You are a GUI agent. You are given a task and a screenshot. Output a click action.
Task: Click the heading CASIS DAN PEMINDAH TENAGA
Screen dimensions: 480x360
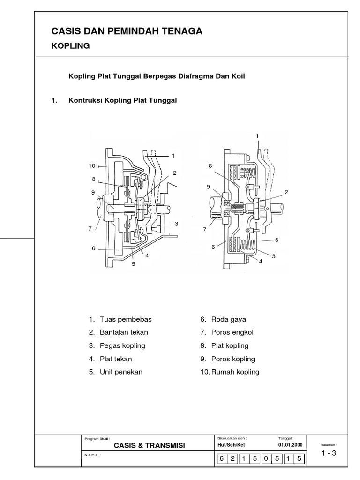point(127,31)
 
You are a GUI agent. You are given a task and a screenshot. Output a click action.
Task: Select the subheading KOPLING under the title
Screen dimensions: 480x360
point(70,46)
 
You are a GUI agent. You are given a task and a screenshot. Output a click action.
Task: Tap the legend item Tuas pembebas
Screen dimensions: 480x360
point(126,319)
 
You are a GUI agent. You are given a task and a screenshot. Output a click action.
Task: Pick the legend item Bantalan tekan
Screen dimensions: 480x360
point(124,332)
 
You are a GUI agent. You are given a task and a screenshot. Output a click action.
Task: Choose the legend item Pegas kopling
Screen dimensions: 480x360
point(122,345)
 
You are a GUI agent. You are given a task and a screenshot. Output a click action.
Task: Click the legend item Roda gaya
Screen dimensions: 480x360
point(229,319)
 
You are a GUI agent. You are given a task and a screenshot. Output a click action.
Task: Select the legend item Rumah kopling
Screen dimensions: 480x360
point(235,372)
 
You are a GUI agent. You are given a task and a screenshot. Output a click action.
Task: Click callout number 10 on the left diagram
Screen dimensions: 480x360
point(92,166)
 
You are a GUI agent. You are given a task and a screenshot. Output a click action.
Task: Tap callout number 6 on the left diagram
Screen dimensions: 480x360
point(94,248)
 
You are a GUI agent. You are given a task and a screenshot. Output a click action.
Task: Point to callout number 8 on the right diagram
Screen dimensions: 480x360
point(210,166)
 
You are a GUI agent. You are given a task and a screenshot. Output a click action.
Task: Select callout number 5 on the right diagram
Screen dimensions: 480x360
point(277,240)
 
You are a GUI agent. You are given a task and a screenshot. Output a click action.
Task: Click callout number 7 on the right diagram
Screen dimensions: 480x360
point(204,230)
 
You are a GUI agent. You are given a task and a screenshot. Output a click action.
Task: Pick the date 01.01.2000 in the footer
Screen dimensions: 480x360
point(291,445)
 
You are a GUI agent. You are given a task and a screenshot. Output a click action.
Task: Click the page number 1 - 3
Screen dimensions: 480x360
point(329,453)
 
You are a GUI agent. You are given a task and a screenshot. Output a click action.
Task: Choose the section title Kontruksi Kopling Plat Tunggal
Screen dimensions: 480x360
point(122,100)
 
